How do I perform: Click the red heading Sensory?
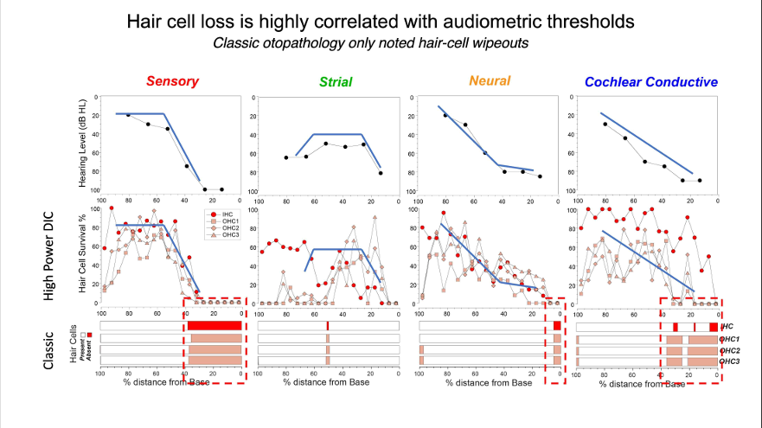pyautogui.click(x=172, y=82)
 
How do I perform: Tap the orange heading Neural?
pyautogui.click(x=490, y=81)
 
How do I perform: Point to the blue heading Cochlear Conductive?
pyautogui.click(x=651, y=82)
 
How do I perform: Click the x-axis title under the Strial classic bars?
pyautogui.click(x=330, y=380)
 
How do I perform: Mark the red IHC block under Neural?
pyautogui.click(x=557, y=325)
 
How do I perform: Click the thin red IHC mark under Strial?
pyautogui.click(x=329, y=325)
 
